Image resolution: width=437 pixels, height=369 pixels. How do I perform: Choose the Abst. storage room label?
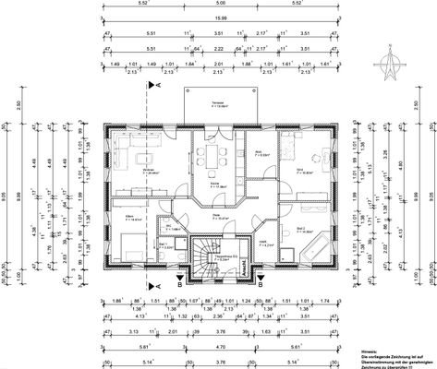261,153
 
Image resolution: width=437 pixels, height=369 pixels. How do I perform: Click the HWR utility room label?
261,244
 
